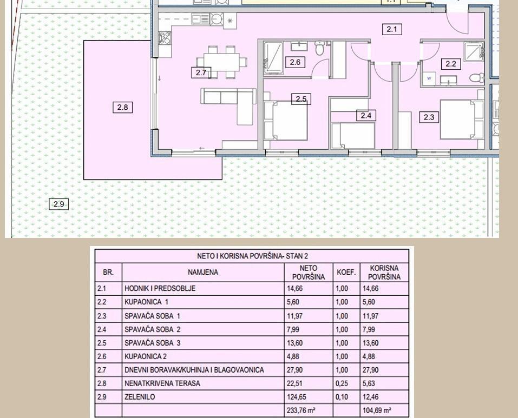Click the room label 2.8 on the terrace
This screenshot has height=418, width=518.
(122, 107)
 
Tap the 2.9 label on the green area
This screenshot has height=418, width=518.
(59, 204)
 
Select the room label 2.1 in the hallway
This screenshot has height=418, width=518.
(392, 29)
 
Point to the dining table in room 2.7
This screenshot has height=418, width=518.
(222, 62)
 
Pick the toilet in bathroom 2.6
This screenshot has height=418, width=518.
(319, 48)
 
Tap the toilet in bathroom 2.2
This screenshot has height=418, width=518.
(476, 78)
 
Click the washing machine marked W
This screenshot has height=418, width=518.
(429, 78)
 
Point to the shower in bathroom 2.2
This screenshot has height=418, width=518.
(474, 52)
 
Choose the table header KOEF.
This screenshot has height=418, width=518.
(346, 273)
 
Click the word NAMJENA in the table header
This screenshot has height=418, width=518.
(203, 272)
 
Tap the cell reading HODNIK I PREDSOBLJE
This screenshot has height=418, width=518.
(160, 288)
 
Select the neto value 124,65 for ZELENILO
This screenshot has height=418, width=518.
(294, 396)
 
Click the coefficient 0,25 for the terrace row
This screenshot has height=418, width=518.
(342, 383)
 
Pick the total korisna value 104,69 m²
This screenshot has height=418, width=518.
(377, 410)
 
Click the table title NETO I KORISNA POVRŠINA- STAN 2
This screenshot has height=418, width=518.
(252, 256)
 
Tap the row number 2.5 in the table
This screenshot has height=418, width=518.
(102, 343)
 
